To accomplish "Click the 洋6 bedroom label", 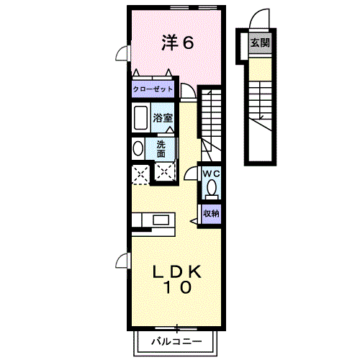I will tap(177, 43).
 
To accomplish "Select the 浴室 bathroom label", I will tap(162, 117).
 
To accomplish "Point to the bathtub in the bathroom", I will tap(140, 117).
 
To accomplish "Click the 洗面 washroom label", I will tap(162, 148).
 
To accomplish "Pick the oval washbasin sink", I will tap(138, 148).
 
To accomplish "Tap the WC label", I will tap(211, 174).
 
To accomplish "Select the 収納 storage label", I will tap(210, 212).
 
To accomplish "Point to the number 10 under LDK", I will tap(177, 288).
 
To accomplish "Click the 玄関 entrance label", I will tap(260, 42).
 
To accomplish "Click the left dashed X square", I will tap(140, 173).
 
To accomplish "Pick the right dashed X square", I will tap(165, 172).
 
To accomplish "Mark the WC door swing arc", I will tap(192, 173).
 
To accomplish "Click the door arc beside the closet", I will tap(187, 91).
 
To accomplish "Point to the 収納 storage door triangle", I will tap(196, 213).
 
